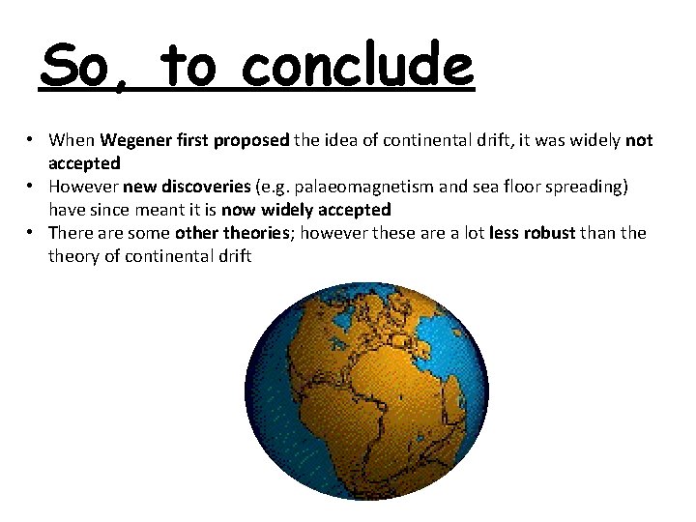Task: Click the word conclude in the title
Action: click(359, 66)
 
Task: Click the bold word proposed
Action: click(250, 140)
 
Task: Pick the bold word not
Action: click(639, 140)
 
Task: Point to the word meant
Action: click(160, 210)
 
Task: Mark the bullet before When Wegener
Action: click(32, 141)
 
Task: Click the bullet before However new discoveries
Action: click(32, 188)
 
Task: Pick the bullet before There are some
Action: click(32, 234)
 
